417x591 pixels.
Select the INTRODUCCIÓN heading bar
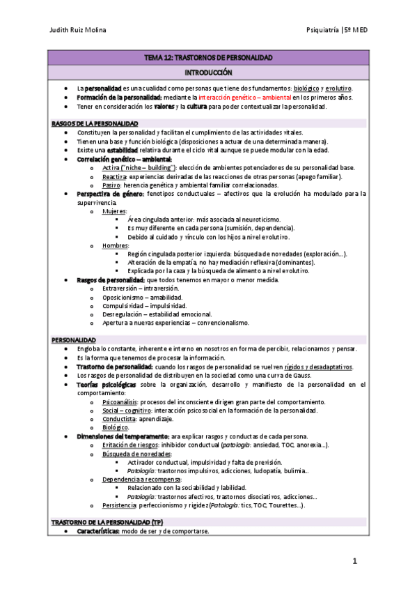pyautogui.click(x=208, y=72)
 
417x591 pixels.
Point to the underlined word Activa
pyautogui.click(x=111, y=168)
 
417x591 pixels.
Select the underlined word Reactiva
pyautogui.click(x=114, y=177)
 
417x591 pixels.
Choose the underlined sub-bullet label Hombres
pyautogui.click(x=116, y=245)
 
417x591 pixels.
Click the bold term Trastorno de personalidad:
pyautogui.click(x=115, y=367)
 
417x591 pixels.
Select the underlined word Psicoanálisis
pyautogui.click(x=120, y=402)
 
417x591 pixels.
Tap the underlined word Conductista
pyautogui.click(x=119, y=419)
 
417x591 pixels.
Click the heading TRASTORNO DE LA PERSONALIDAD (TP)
pyautogui.click(x=107, y=522)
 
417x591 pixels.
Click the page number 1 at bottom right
pyautogui.click(x=354, y=561)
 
